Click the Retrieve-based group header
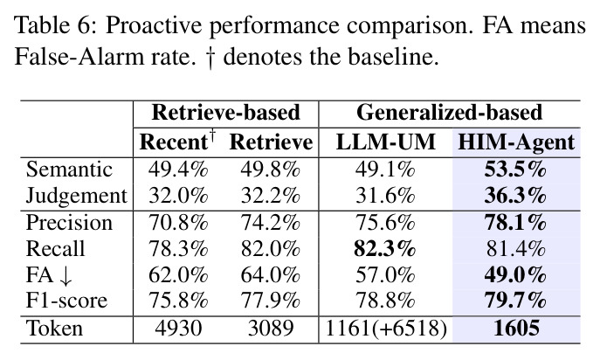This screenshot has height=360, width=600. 226,113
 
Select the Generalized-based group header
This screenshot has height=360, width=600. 449,113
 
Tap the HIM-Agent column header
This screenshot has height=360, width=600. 516,142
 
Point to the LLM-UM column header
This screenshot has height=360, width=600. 386,142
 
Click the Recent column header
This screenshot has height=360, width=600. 177,142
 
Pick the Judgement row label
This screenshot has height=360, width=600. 76,196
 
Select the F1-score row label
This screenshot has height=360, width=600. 66,301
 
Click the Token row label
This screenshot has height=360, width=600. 54,329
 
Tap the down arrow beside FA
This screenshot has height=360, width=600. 66,276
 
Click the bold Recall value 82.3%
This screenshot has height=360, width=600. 384,249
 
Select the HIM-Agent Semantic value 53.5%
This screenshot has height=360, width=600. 515,170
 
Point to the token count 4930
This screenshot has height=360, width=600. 178,329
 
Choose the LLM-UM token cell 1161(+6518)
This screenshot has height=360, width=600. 386,329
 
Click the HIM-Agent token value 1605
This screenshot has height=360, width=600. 516,329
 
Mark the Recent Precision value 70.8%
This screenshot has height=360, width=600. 178,223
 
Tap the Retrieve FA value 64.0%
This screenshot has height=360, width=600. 270,275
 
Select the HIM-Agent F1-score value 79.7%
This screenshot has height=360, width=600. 515,301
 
